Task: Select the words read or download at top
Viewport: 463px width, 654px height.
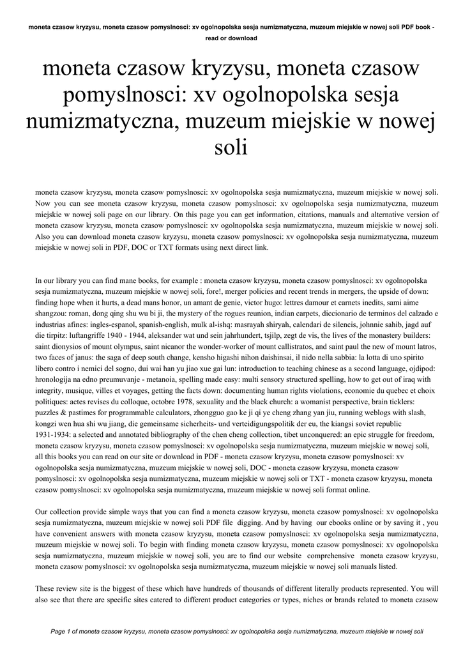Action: [231, 38]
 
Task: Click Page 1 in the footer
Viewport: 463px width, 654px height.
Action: [65, 632]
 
